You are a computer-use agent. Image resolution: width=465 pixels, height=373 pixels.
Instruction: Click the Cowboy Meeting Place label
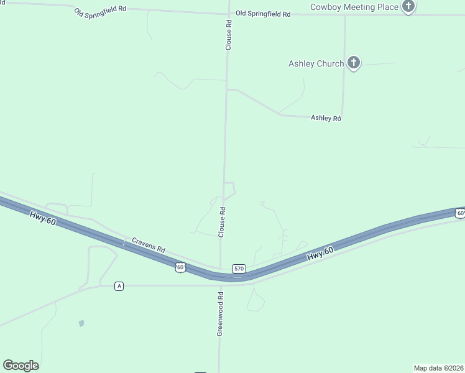354,7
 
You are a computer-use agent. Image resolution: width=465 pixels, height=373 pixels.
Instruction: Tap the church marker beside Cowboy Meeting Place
408,7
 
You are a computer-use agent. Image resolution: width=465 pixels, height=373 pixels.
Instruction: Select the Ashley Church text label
316,63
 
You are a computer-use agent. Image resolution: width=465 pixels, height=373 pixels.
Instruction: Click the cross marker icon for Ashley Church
354,63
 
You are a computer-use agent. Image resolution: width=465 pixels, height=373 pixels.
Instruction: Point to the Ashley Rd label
326,118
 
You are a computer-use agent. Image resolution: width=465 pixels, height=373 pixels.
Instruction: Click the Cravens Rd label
148,244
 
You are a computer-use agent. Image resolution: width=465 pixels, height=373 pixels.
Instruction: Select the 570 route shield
239,269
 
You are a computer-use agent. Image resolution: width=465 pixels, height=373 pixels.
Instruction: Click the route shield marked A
119,286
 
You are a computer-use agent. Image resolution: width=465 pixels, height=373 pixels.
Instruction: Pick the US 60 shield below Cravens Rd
180,267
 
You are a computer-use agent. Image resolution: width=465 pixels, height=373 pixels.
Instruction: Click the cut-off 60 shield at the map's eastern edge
460,213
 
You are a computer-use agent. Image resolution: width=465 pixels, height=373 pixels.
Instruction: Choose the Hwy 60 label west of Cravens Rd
43,219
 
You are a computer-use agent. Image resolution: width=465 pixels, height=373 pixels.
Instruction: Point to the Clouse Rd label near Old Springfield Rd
229,35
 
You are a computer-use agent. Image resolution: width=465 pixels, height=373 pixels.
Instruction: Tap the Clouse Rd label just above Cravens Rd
221,222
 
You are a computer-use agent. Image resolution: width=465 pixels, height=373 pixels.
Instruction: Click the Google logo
21,366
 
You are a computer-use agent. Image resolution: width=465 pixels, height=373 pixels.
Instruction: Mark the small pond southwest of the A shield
81,323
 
